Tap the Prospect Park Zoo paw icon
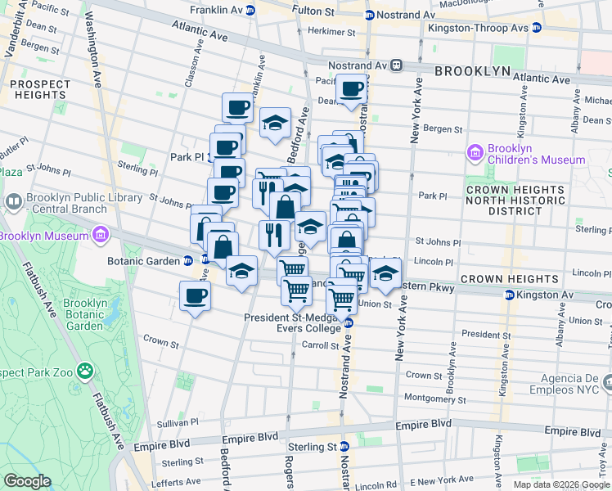click(85, 372)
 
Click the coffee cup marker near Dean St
click(352, 90)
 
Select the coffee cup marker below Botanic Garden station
click(195, 298)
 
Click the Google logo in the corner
click(27, 481)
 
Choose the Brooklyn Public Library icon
click(14, 200)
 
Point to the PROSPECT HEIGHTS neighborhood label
click(40, 90)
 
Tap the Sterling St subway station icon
click(345, 446)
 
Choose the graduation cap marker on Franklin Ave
click(275, 124)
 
